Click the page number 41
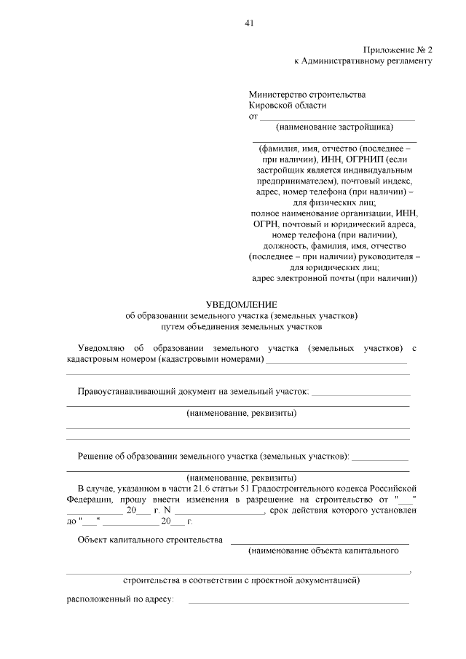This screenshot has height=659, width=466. [x=248, y=23]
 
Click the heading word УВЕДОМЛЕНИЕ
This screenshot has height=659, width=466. [x=242, y=304]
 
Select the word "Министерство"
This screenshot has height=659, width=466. [x=276, y=95]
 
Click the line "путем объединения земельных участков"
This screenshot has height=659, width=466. [x=242, y=327]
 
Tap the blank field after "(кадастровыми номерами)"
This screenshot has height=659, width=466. [x=336, y=360]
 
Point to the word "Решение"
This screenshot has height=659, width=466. [x=95, y=457]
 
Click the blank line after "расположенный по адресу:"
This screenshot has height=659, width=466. [x=299, y=602]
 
